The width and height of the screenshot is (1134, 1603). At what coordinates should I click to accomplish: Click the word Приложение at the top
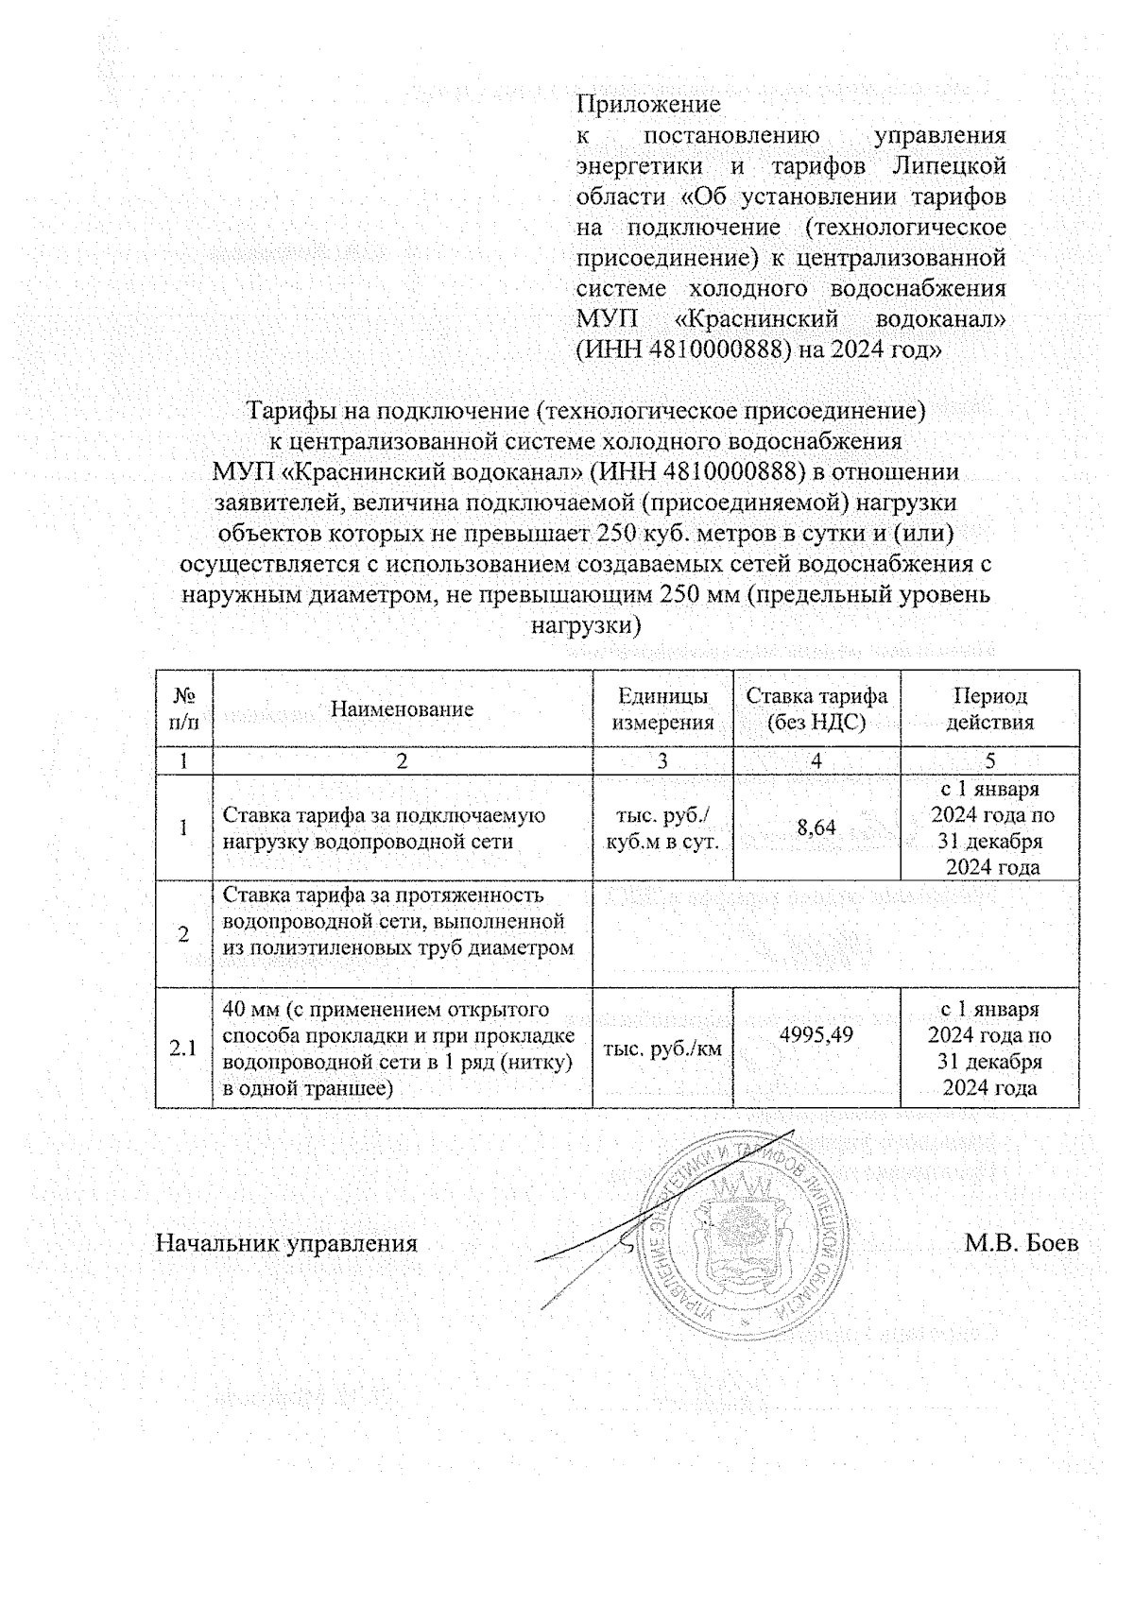tap(648, 104)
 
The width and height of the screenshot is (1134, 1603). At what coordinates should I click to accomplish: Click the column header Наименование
tap(402, 709)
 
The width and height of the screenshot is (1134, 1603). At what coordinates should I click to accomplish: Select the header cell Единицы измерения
tap(662, 709)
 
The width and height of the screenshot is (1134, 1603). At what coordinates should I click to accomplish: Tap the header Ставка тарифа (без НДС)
tap(816, 709)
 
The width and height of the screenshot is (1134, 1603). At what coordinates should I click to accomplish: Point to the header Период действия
tap(989, 709)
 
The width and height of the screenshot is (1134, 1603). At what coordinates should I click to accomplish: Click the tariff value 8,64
tap(816, 828)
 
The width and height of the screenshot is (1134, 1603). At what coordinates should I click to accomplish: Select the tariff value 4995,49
tap(816, 1034)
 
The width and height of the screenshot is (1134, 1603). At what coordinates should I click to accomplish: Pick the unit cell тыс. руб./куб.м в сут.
tap(662, 828)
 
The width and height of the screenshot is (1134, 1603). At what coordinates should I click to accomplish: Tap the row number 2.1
tap(183, 1048)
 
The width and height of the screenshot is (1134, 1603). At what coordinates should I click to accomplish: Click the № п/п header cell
tap(184, 709)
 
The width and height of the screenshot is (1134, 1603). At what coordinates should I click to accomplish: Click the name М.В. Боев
tap(1021, 1243)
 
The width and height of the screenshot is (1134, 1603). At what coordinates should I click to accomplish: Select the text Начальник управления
tap(286, 1243)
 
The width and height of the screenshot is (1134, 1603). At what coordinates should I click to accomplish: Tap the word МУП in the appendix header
tap(603, 319)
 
